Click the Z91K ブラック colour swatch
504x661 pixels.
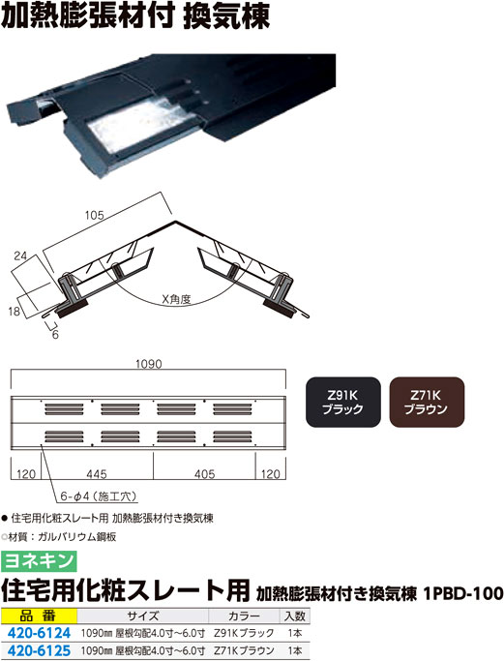pyautogui.click(x=343, y=402)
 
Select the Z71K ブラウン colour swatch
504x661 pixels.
pyautogui.click(x=427, y=402)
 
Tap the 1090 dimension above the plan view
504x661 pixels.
pyautogui.click(x=148, y=364)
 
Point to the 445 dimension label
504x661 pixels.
pyautogui.click(x=97, y=474)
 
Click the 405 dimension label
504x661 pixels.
pyautogui.click(x=205, y=474)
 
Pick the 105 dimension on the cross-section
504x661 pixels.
pyautogui.click(x=94, y=216)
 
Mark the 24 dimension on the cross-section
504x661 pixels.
pyautogui.click(x=20, y=255)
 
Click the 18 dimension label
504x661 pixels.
pyautogui.click(x=14, y=312)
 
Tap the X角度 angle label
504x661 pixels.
pyautogui.click(x=177, y=299)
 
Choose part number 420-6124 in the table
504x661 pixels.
pyautogui.click(x=40, y=633)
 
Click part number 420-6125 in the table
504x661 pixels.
pyautogui.click(x=40, y=650)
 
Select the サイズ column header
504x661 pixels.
pyautogui.click(x=143, y=616)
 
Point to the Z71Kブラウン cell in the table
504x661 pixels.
pyautogui.click(x=244, y=650)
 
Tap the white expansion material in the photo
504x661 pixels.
pyautogui.click(x=135, y=122)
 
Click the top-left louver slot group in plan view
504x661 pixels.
pyautogui.click(x=64, y=409)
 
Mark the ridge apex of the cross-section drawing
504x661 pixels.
pyautogui.click(x=174, y=222)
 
